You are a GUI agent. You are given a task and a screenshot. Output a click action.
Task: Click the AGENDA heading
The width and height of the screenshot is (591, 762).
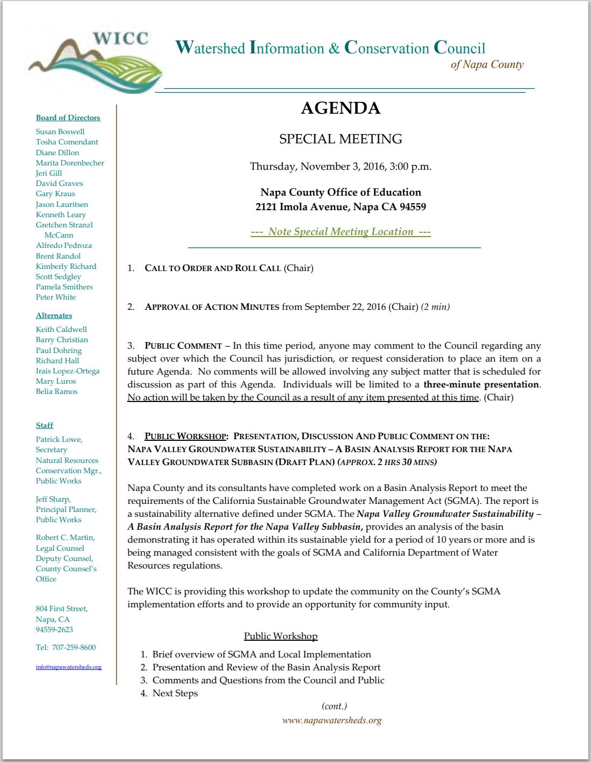point(340,108)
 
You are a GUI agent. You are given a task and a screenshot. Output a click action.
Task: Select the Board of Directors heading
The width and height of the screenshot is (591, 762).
point(68,117)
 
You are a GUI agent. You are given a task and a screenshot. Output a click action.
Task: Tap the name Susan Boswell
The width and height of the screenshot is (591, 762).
point(60,131)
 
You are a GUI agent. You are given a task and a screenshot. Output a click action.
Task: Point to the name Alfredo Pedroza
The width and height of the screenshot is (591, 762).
point(64,245)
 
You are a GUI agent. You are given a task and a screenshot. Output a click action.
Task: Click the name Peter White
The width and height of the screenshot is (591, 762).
point(55,297)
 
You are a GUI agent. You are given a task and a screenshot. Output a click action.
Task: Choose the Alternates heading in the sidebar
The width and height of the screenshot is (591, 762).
point(54,315)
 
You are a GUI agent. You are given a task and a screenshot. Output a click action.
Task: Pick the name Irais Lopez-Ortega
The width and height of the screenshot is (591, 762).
point(67,371)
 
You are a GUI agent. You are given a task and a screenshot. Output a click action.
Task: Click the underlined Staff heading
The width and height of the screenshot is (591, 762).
point(44,425)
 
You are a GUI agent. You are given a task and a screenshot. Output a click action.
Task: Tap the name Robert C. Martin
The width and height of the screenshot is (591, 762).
point(65,537)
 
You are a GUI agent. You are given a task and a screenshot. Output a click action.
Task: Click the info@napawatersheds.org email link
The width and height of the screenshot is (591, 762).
point(68,667)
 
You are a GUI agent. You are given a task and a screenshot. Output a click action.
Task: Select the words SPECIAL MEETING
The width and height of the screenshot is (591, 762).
point(340,139)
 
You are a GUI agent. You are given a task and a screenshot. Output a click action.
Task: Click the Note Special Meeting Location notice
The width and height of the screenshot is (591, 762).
point(340,232)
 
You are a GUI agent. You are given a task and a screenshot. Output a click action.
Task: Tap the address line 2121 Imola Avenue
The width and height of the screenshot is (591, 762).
point(340,207)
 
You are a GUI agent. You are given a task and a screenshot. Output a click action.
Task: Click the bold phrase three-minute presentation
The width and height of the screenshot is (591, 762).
point(481,384)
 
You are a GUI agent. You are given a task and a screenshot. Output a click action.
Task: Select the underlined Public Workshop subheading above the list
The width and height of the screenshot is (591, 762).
point(281,636)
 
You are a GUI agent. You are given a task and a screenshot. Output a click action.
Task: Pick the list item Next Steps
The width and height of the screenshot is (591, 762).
point(175,693)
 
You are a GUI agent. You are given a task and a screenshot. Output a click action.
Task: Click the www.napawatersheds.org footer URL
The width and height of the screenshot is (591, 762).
point(332,720)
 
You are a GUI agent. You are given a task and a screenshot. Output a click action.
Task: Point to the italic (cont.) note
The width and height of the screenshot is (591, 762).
point(334,706)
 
